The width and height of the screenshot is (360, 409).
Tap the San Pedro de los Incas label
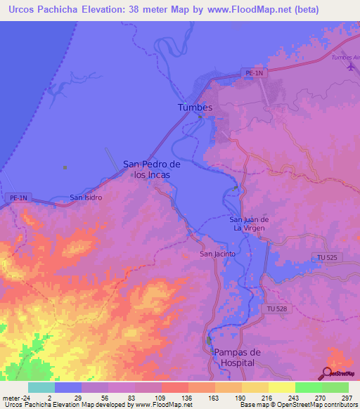[152, 169]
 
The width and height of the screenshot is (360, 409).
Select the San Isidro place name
[86, 197]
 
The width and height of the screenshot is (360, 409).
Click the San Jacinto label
[217, 254]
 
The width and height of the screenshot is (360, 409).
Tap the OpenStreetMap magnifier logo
[328, 374]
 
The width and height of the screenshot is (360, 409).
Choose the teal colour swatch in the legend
[41, 387]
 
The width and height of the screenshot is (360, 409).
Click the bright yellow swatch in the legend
[281, 387]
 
